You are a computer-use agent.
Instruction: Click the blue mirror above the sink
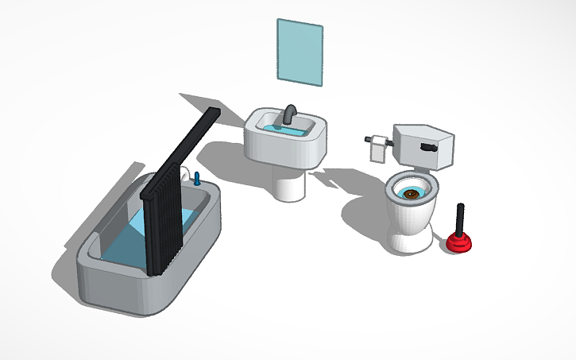point(300,51)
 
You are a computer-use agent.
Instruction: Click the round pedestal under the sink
point(289,184)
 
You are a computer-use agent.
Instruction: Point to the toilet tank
point(425,146)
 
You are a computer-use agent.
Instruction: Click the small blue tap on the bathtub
point(196,178)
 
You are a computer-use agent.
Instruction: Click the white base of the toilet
point(410,239)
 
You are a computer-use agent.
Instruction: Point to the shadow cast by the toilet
point(361,215)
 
